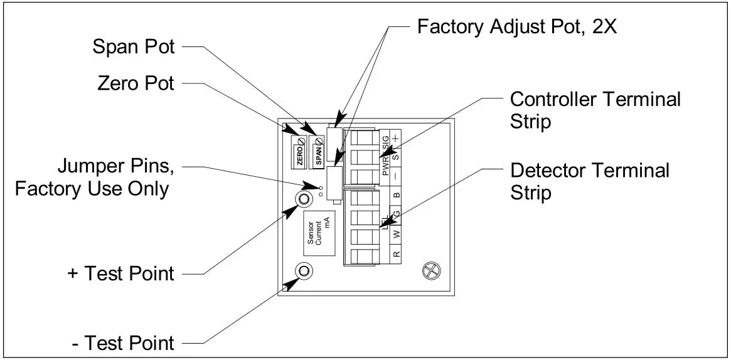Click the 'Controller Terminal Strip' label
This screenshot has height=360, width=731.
point(595,109)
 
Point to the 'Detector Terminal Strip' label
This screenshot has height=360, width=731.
point(590,181)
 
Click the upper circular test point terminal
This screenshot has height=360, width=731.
point(303,199)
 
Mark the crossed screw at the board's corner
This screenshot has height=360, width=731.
point(430,269)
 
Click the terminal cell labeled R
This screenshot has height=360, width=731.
point(396,255)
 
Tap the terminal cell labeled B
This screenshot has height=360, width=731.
point(396,195)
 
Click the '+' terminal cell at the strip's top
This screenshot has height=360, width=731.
point(396,138)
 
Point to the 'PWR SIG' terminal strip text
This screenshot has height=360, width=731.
point(385,159)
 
